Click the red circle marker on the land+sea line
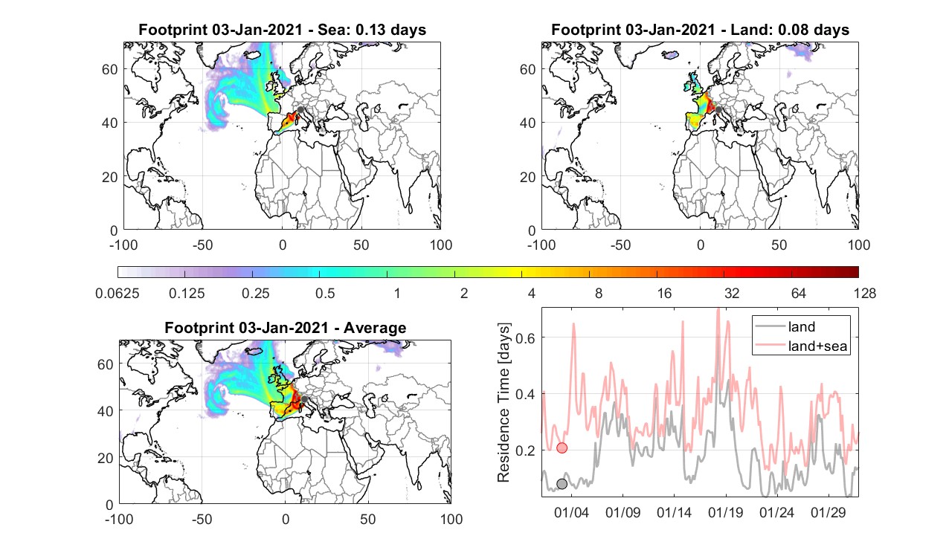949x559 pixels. (562, 447)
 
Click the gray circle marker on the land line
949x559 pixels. (562, 484)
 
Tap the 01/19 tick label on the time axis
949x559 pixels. (726, 512)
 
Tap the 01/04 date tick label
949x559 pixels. (572, 512)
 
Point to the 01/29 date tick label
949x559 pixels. (829, 512)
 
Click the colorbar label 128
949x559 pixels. (865, 293)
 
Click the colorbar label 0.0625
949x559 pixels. (118, 293)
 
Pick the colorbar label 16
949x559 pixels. (664, 293)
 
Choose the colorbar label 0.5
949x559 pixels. (325, 293)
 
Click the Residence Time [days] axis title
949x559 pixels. (504, 402)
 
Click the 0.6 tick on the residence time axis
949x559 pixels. (525, 337)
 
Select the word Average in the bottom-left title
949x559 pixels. (375, 328)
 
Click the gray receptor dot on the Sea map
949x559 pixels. (300, 110)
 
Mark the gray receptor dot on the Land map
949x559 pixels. (718, 110)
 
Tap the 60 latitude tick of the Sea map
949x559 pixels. (110, 69)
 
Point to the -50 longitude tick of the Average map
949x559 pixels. (202, 519)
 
